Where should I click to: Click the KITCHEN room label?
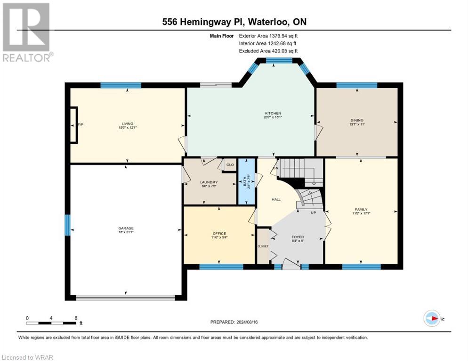point(273,113)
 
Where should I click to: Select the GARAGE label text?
point(126,228)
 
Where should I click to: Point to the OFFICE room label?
point(219,234)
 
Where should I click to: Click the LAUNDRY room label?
point(208,182)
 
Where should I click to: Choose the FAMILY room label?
point(361,210)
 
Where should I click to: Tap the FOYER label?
point(298,237)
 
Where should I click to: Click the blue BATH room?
point(245,181)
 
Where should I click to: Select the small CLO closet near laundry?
point(230,165)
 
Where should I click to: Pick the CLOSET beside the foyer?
point(262,245)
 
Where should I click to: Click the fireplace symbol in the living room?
point(74,125)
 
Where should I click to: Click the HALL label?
point(276,199)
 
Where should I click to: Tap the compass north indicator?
point(432,318)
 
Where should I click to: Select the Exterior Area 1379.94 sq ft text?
point(268,36)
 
